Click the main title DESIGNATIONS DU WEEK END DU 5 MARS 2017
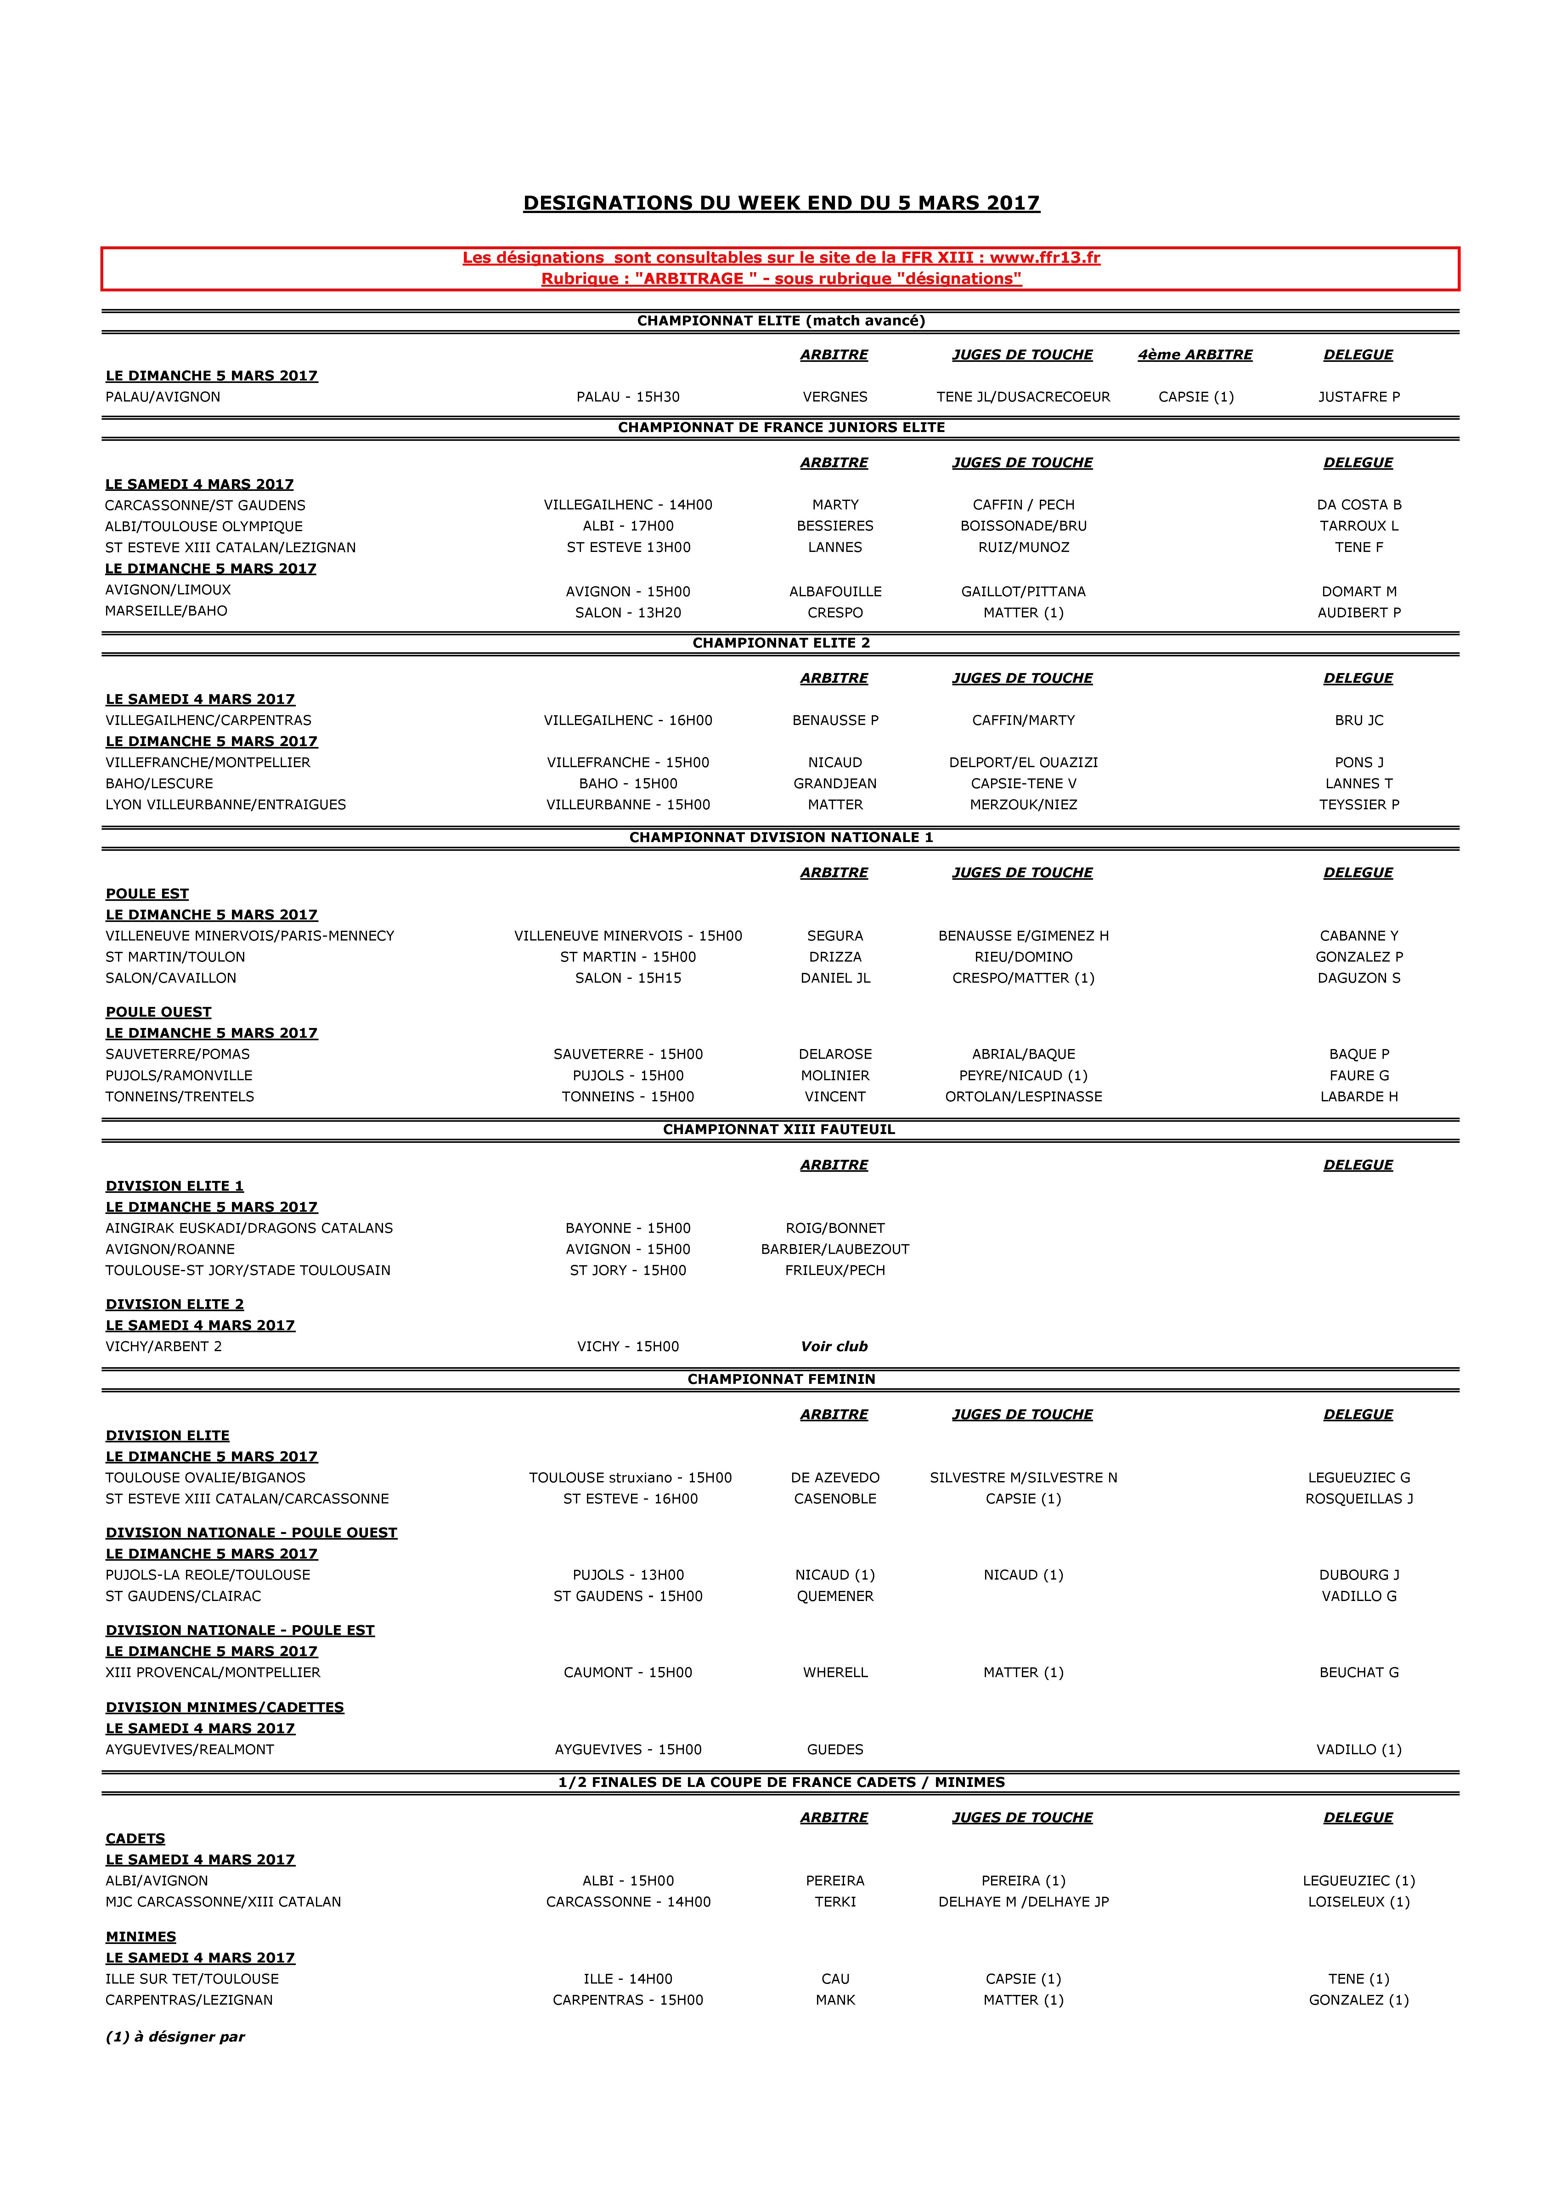tap(780, 203)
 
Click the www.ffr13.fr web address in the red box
tap(1045, 258)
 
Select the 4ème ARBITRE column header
tap(1195, 355)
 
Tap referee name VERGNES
tap(834, 397)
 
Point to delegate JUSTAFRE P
tap(1358, 397)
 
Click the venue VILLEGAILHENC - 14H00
tap(628, 505)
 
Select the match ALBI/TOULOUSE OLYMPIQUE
tap(204, 526)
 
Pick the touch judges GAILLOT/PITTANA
tap(1023, 591)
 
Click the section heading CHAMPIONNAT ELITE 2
tap(780, 643)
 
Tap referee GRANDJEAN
tap(834, 783)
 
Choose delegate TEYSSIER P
tap(1358, 805)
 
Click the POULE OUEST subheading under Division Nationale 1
tap(159, 1012)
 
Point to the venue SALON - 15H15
tap(628, 978)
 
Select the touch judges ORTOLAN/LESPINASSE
tap(1023, 1097)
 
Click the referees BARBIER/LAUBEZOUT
tap(834, 1249)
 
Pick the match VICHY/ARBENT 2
tap(163, 1347)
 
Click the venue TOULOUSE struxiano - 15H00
tap(629, 1477)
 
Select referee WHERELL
tap(834, 1672)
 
